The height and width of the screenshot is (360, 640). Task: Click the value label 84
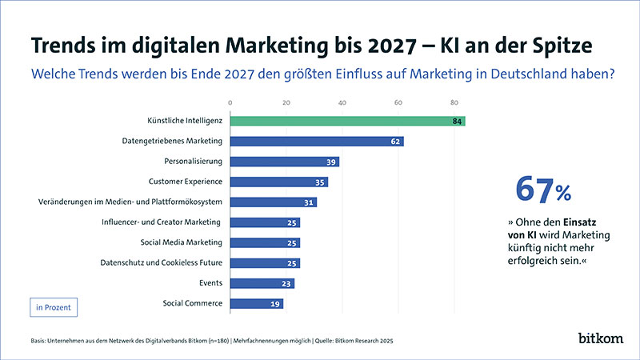(457, 122)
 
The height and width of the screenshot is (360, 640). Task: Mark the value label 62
(395, 142)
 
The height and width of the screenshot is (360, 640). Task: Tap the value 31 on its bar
(309, 202)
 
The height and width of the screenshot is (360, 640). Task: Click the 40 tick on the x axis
(342, 103)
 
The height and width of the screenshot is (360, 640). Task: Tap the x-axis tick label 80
(454, 103)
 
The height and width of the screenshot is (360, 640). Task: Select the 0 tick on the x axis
(230, 103)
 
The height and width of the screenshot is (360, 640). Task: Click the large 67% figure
(543, 189)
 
